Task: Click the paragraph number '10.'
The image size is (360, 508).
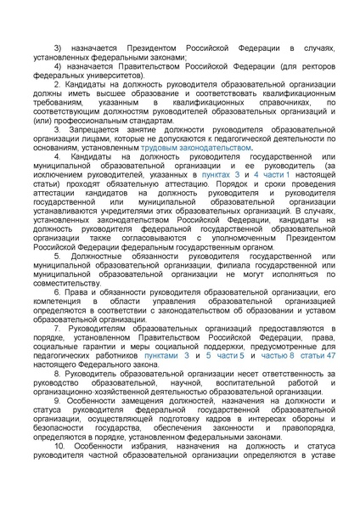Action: tap(59, 446)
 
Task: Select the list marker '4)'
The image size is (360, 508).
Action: tap(59, 65)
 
